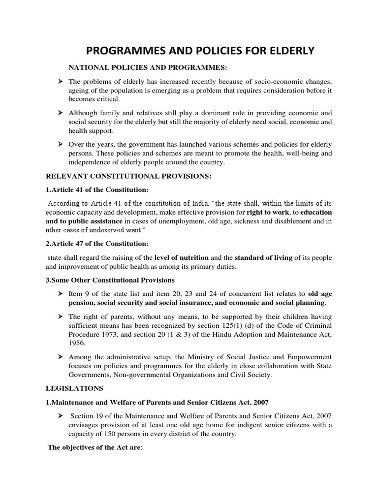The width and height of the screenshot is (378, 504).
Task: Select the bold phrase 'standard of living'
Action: click(x=263, y=257)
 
